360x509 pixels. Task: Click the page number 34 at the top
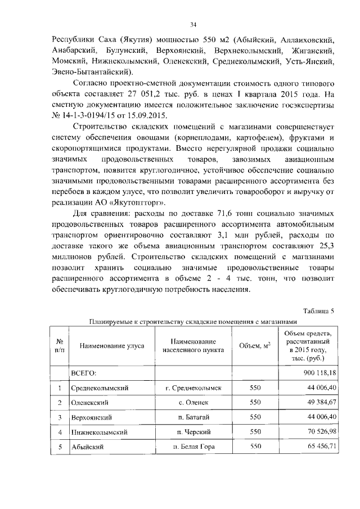tap(193, 24)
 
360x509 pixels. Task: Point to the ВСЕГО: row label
tap(83, 373)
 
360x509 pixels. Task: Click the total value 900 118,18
tap(317, 373)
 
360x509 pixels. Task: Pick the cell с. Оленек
tap(193, 403)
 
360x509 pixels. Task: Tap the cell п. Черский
tap(193, 432)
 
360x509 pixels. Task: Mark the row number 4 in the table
tap(59, 432)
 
